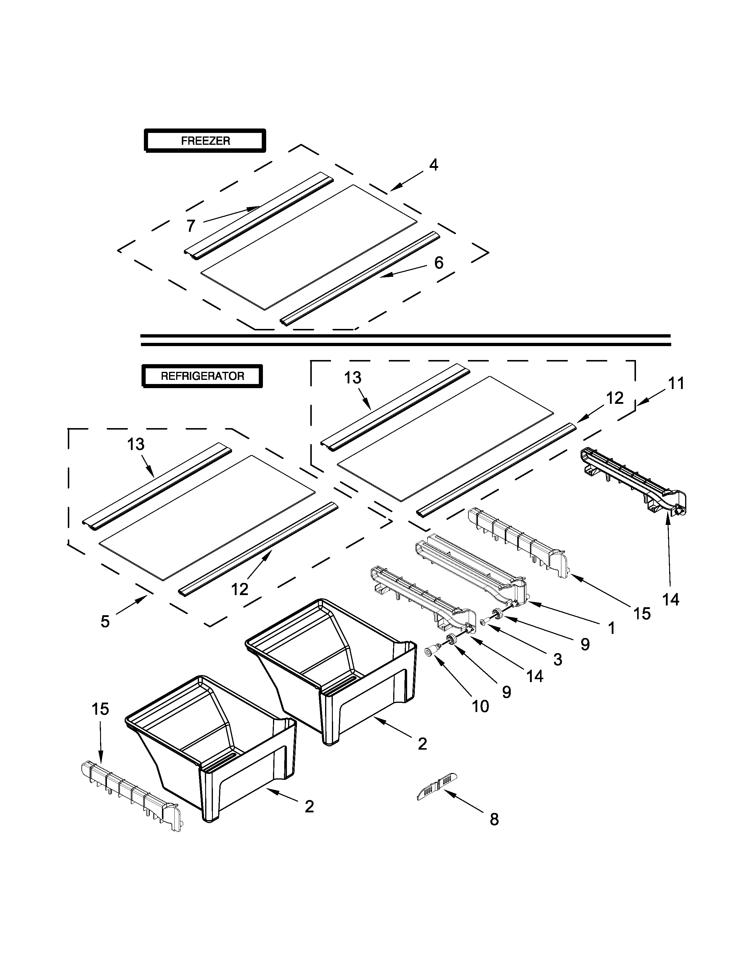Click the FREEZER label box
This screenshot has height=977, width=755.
click(x=205, y=141)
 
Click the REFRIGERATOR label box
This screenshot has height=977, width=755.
click(x=202, y=376)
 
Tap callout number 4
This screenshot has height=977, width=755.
click(x=433, y=165)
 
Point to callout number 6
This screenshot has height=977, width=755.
click(x=439, y=263)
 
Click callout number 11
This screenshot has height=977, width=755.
click(x=676, y=383)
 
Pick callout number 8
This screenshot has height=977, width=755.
click(x=494, y=819)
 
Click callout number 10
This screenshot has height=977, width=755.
click(x=480, y=706)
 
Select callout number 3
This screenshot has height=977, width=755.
click(x=557, y=659)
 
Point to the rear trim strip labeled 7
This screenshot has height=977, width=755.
click(x=259, y=215)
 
